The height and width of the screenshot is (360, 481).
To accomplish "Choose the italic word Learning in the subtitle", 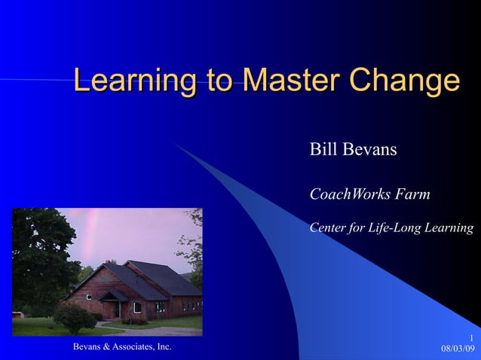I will pyautogui.click(x=450, y=227).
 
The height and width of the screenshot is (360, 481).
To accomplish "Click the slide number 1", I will pyautogui.click(x=470, y=337).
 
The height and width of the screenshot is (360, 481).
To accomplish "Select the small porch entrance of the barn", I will pyautogui.click(x=113, y=304).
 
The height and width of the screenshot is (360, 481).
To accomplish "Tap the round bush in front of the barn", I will pyautogui.click(x=74, y=318).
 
